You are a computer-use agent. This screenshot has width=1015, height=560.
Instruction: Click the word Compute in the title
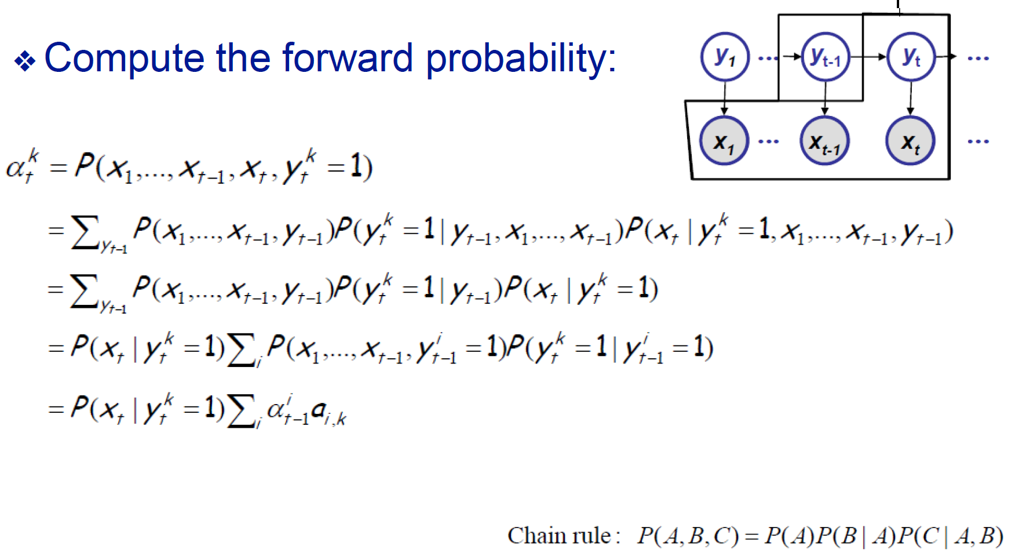click(x=125, y=59)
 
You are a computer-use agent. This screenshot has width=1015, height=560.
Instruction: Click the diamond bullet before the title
click(x=25, y=61)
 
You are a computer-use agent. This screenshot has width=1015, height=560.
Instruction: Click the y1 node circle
click(x=725, y=57)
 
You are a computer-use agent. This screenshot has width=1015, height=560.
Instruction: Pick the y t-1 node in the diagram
click(x=826, y=57)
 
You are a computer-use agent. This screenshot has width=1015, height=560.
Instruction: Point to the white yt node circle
click(x=911, y=57)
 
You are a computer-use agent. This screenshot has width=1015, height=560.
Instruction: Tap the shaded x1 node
click(x=724, y=141)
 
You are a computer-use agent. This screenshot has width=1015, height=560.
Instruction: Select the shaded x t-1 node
click(x=824, y=141)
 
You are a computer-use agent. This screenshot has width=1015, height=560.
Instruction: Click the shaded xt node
click(x=910, y=141)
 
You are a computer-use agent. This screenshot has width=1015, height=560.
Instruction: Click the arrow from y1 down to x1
click(x=724, y=99)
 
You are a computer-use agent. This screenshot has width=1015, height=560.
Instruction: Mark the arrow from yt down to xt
click(x=911, y=99)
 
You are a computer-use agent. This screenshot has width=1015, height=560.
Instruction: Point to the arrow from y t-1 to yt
click(x=868, y=57)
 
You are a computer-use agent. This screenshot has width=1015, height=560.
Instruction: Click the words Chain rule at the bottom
click(x=559, y=536)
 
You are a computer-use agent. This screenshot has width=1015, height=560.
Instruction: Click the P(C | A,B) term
click(x=950, y=536)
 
